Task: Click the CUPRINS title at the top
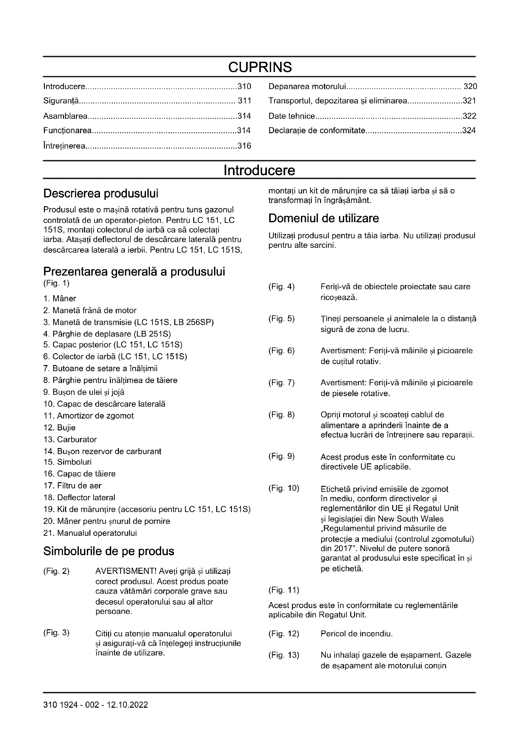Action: (x=260, y=67)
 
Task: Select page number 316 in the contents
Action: (x=244, y=146)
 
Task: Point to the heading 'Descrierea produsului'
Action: (x=101, y=193)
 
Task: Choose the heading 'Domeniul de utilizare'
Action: (x=323, y=218)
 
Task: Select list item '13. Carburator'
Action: (x=70, y=439)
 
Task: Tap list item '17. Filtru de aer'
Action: (x=72, y=486)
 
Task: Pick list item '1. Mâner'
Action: (x=60, y=298)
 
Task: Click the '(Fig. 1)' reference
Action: (x=56, y=283)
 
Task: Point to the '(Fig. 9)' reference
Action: (x=281, y=456)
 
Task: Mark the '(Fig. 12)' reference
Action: (x=284, y=634)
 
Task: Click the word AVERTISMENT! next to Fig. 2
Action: (x=126, y=571)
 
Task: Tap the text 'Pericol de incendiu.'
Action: (x=356, y=634)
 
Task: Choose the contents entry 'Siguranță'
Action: (x=61, y=101)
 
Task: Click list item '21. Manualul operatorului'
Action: (x=90, y=533)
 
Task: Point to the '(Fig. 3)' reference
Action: (x=56, y=633)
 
